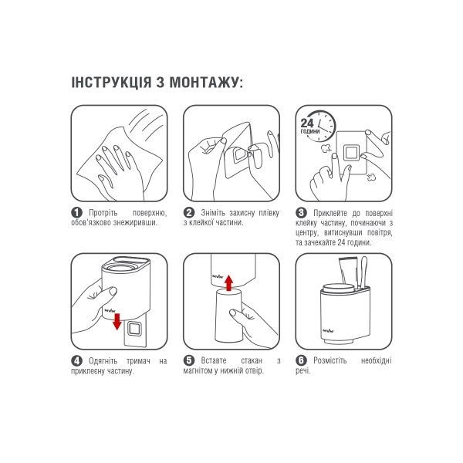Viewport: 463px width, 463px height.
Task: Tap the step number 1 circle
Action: tap(76, 212)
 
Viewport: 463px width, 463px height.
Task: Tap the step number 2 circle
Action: tap(188, 212)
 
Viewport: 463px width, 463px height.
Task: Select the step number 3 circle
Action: tap(301, 212)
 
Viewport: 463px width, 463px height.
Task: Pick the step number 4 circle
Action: tap(76, 360)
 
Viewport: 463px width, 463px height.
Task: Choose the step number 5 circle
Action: tap(188, 360)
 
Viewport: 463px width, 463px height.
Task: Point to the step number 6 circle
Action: tap(301, 360)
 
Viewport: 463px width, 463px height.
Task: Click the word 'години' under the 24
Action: tap(309, 132)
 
